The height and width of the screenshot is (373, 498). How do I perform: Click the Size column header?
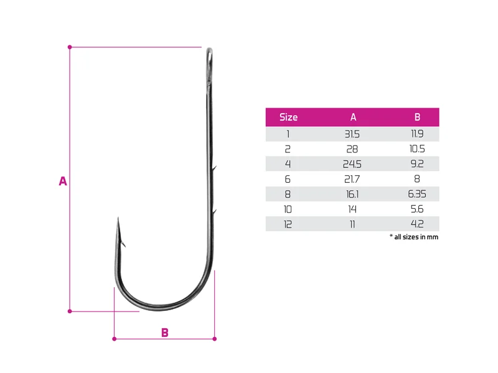(x=288, y=117)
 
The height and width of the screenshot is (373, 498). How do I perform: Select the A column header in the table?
(x=353, y=117)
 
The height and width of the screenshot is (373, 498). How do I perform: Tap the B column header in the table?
(x=417, y=117)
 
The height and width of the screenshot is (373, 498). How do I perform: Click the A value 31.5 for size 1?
(x=352, y=134)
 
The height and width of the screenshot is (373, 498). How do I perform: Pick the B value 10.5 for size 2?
(x=417, y=149)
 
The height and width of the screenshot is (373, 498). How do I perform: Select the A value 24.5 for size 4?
(x=352, y=164)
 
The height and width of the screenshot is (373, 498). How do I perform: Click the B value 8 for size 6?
(x=417, y=179)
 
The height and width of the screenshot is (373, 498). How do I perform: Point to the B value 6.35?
(x=417, y=194)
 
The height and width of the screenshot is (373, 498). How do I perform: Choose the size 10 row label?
(x=288, y=209)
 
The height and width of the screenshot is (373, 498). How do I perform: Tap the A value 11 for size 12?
(x=352, y=224)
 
